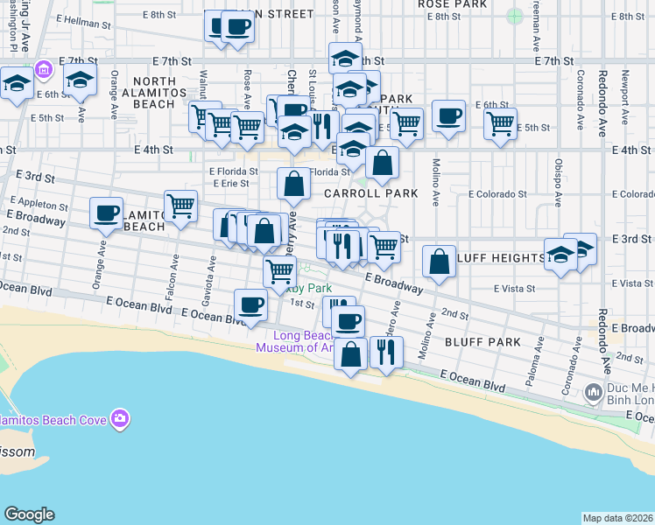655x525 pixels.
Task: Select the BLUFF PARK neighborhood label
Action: point(482,341)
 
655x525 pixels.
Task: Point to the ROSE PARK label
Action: point(452,4)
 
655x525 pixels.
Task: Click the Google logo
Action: point(29,514)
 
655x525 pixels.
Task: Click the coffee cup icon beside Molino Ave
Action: point(449,115)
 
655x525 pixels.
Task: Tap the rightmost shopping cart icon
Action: point(500,123)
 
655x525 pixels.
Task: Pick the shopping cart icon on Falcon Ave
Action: point(180,206)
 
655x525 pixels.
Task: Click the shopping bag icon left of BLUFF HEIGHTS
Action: point(439,259)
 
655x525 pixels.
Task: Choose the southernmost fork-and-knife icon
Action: point(386,351)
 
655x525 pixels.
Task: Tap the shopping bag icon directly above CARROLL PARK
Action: point(383,162)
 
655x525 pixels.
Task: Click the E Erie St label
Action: point(232,184)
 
